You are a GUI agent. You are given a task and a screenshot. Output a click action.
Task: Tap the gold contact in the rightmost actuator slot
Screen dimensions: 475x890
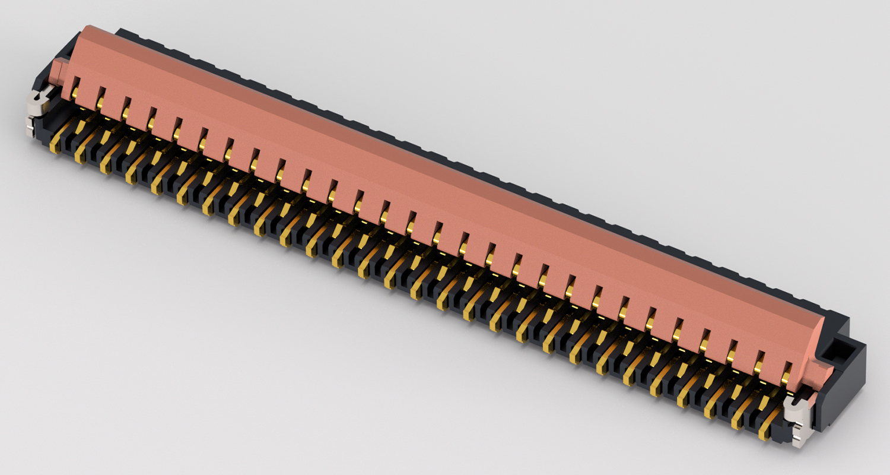(786, 369)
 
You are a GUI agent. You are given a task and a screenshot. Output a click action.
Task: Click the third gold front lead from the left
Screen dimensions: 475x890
(107, 163)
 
